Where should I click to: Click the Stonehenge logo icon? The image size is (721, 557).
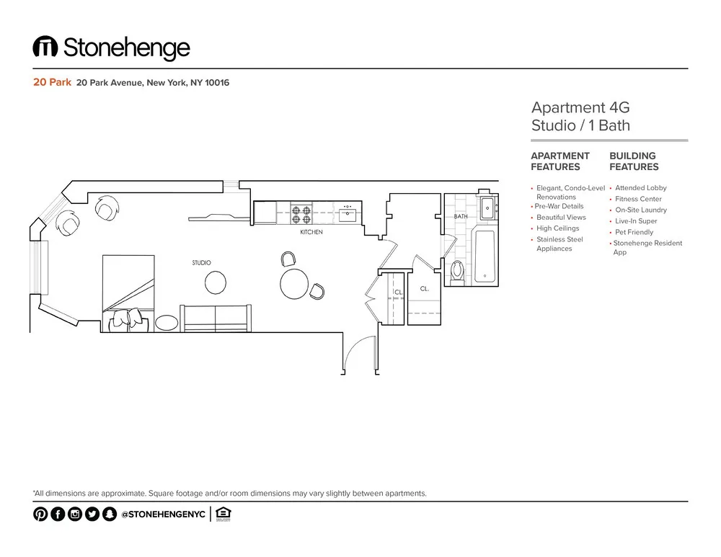coord(45,48)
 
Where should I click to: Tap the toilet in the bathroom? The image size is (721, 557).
coord(457,271)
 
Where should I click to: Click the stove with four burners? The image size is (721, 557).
coord(301,213)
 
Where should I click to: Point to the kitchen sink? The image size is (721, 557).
coord(348,213)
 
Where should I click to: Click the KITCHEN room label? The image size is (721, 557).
coord(311,233)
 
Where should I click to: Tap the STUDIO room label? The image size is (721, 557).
coord(201,263)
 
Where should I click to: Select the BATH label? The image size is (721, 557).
coord(461,217)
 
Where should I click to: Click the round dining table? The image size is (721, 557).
coord(294,283)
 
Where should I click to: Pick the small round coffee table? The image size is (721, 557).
coord(216,282)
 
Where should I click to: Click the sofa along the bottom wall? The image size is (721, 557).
coord(216,318)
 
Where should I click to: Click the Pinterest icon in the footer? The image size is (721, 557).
coord(40,514)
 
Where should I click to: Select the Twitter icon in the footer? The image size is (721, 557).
coord(92,514)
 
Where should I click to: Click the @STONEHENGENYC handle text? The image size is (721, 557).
coord(164,514)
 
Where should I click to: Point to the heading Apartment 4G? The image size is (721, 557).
coord(580,108)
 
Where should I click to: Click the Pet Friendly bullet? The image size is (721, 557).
coord(634,232)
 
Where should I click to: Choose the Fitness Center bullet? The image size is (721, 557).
coord(638,199)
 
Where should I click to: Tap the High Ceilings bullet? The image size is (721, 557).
coord(557,228)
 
